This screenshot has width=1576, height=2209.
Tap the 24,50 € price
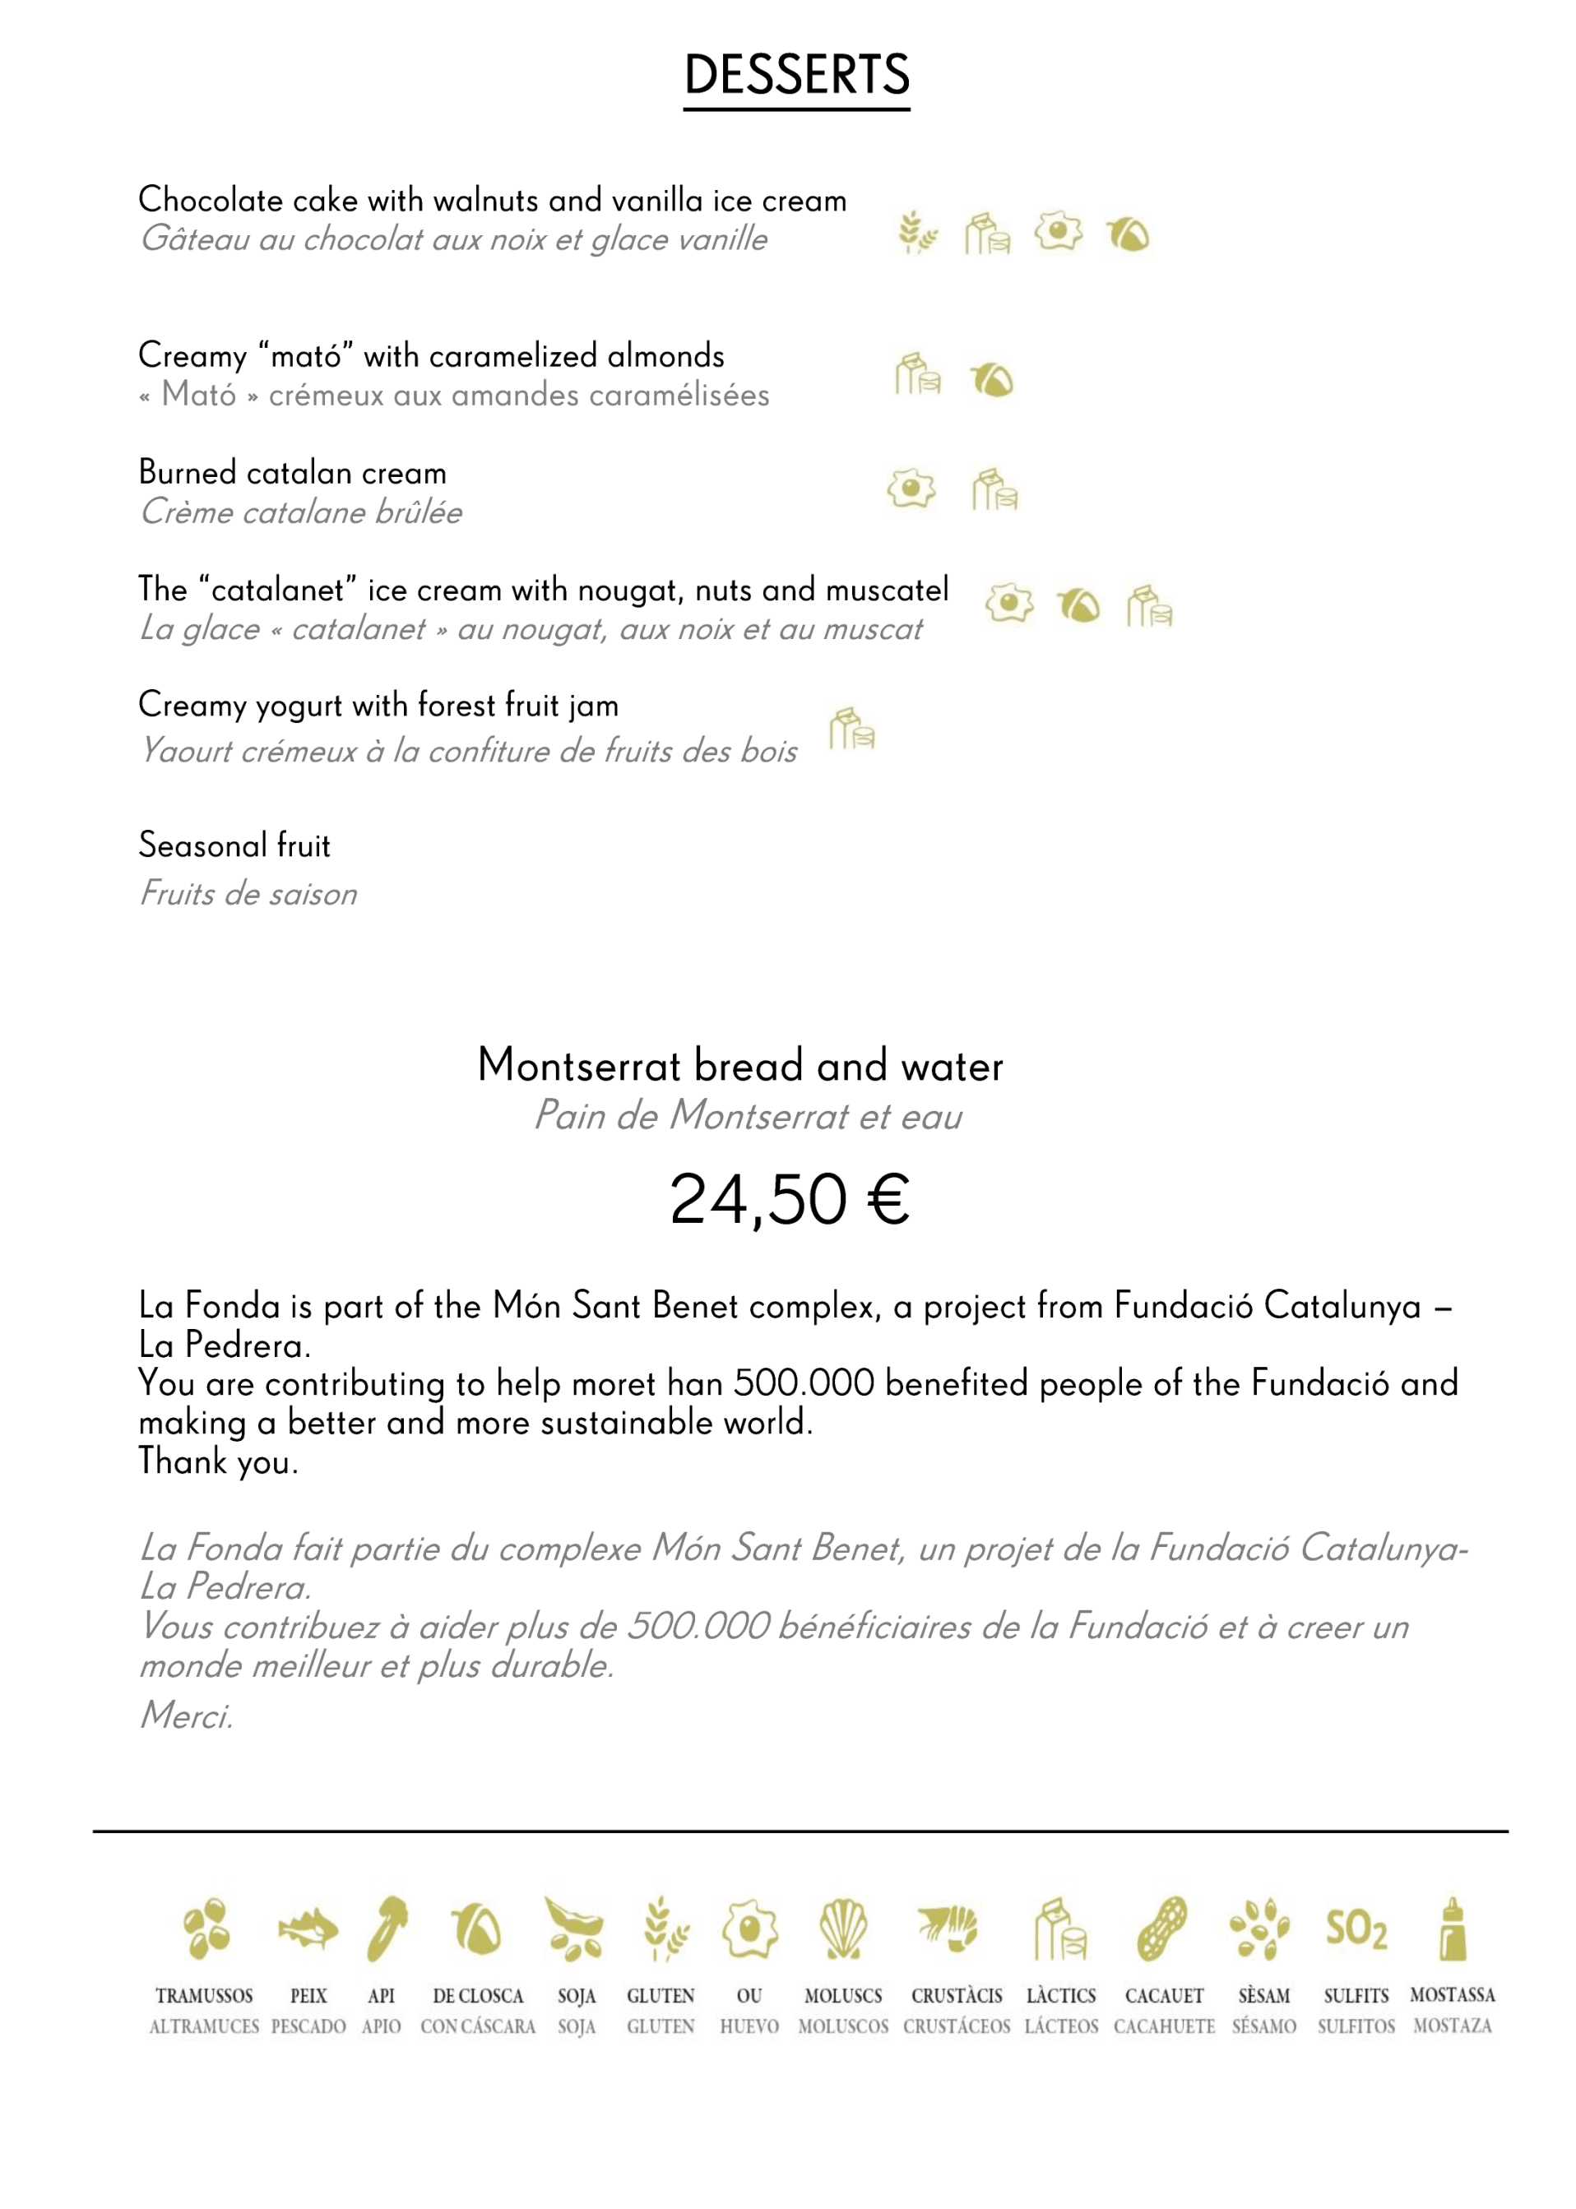pos(789,1200)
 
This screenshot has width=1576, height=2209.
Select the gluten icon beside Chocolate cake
pos(916,233)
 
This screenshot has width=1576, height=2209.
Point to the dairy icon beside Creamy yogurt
pos(851,729)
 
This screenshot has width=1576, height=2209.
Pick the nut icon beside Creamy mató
pos(992,379)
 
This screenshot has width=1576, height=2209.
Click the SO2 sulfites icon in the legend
pos(1356,1929)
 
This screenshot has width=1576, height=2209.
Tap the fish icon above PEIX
pos(308,1929)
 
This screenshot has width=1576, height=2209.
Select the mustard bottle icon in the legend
pos(1452,1929)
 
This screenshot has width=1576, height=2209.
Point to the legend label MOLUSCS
pos(842,1995)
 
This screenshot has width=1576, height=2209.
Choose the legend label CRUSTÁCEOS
pos(956,2026)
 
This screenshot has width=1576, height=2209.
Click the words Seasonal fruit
pos(234,845)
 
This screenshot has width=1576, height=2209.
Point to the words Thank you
pos(217,1461)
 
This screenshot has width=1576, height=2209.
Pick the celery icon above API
pos(387,1929)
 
